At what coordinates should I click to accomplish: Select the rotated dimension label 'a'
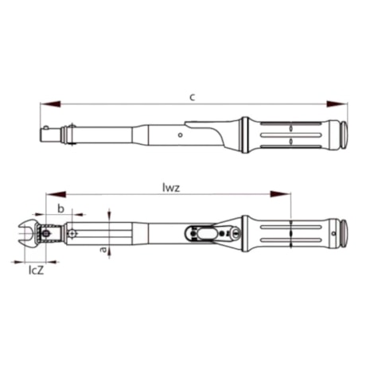coord(102,249)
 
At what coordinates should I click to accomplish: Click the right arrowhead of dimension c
coord(341,103)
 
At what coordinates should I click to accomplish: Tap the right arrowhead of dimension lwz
coord(284,195)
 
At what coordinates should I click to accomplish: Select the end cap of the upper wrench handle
coord(344,132)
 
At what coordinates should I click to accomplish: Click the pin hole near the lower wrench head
coord(72,234)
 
